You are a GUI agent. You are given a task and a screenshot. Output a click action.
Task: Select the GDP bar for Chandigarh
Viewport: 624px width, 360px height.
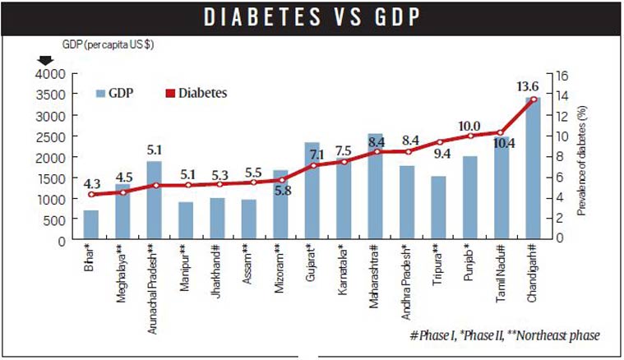click(x=533, y=168)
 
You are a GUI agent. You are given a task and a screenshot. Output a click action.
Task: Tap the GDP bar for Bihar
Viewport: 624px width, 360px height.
click(x=90, y=225)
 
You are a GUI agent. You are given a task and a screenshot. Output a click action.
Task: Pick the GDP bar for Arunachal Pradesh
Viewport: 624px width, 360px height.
click(x=154, y=201)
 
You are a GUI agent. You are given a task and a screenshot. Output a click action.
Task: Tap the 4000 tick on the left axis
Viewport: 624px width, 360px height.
click(x=50, y=74)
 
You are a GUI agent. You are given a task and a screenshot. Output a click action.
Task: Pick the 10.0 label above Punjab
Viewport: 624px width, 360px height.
click(x=469, y=126)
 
